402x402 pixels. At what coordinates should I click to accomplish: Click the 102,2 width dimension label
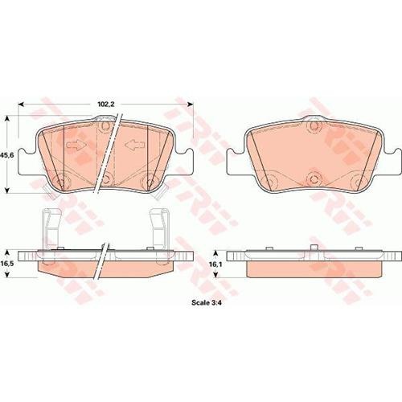106,105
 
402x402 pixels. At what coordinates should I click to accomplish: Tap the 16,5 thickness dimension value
6,264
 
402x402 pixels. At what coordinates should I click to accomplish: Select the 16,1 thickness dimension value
214,264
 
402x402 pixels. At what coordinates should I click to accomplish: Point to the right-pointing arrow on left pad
76,145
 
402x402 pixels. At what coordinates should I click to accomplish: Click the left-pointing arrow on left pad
134,145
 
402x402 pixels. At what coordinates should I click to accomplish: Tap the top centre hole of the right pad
315,125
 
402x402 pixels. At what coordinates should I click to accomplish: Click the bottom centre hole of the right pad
314,178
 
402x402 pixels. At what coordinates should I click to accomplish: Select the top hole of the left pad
105,125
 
